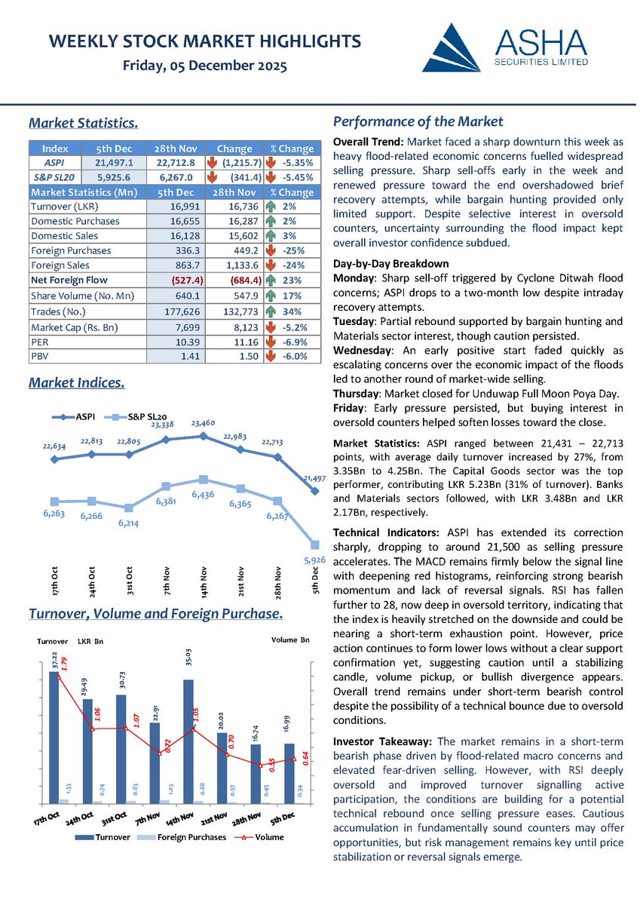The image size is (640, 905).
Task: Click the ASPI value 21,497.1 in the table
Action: [114, 162]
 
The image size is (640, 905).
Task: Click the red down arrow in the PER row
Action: [270, 342]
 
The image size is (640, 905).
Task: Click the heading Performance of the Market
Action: [418, 122]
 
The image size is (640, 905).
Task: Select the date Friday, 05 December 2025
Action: [204, 67]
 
